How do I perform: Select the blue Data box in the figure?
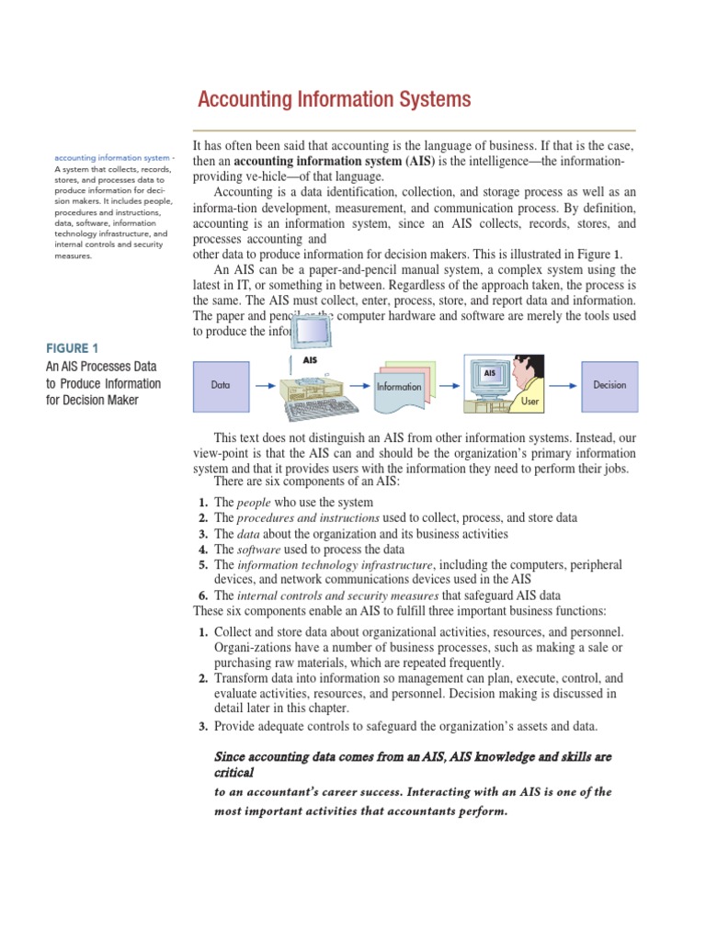(221, 385)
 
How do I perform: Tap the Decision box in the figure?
(609, 385)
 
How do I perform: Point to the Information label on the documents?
(398, 387)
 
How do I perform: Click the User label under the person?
(530, 402)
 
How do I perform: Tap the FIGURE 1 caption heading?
(72, 348)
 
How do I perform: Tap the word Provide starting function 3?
(238, 726)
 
